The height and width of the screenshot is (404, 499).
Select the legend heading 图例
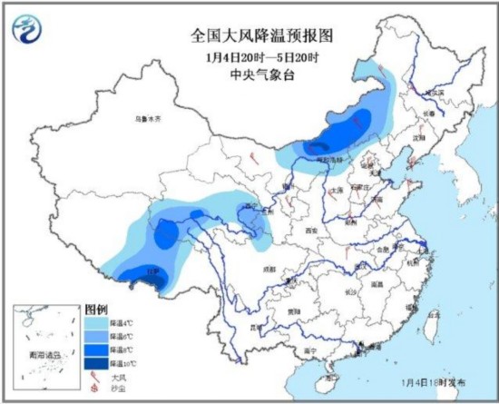click(98, 310)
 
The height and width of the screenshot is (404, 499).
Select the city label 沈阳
click(418, 137)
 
